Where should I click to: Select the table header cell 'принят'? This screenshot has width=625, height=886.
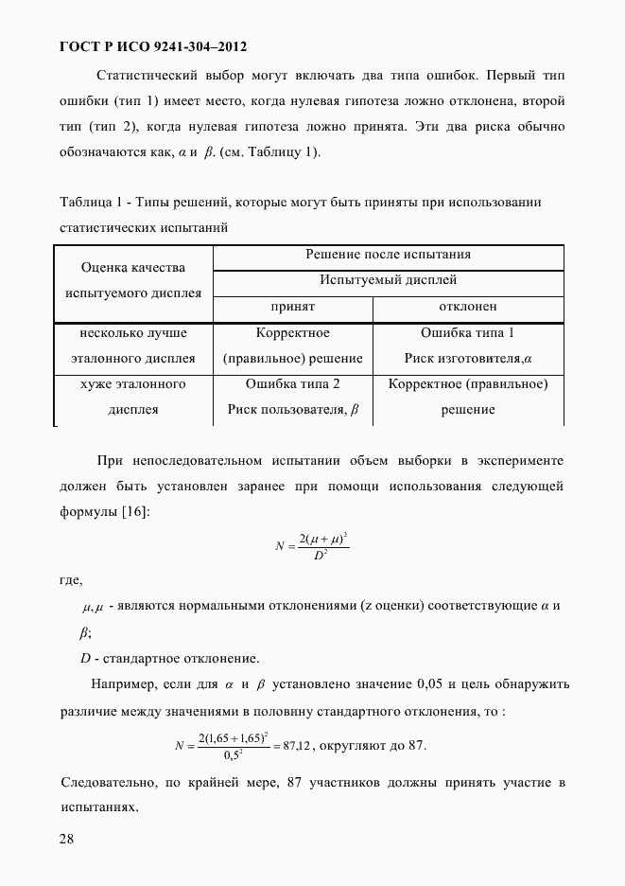pos(292,307)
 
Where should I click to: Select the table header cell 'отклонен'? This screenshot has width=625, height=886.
pos(468,307)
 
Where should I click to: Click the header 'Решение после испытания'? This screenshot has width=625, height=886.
pos(388,255)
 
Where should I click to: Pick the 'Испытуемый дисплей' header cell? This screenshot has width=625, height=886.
pos(388,280)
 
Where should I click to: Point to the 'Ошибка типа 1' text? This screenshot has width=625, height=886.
pos(467,333)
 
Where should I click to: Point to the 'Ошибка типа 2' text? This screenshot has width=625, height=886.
pos(292,384)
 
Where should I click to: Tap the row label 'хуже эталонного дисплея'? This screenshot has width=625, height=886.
pos(132,397)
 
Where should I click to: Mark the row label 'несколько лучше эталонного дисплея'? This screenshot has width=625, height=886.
pos(132,346)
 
